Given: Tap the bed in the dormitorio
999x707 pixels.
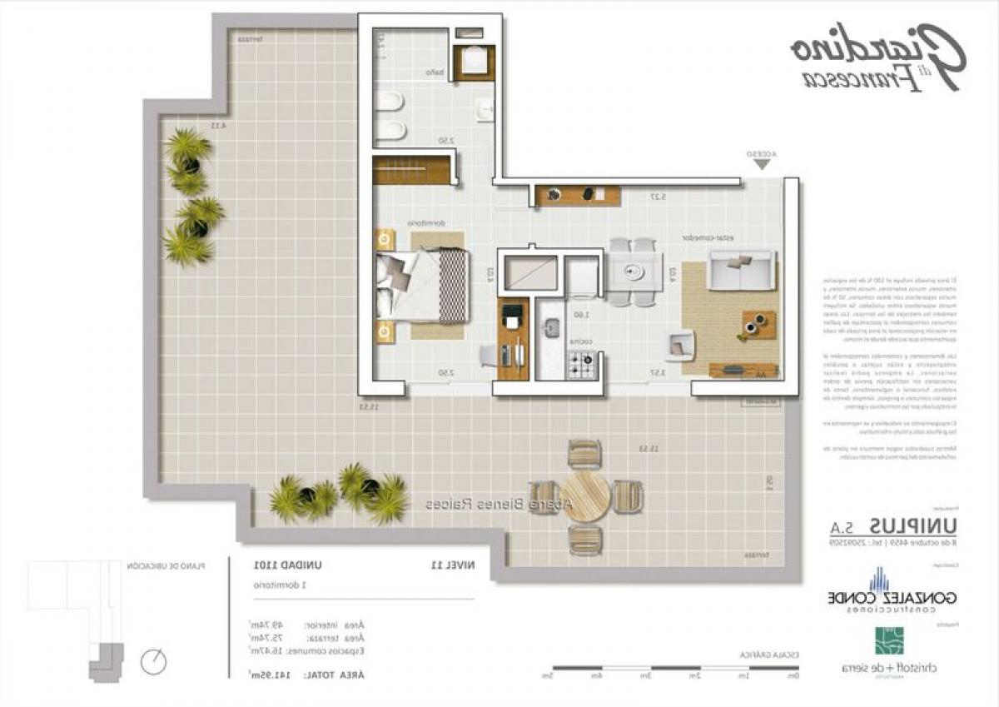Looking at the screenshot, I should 423,286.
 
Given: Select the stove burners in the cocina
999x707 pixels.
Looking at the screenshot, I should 580,362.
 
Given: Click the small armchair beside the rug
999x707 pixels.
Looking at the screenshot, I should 680,344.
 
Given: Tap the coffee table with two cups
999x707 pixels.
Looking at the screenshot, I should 758,325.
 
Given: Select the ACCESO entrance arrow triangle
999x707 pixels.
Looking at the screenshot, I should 761,165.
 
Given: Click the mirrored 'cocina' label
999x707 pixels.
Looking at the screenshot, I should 580,342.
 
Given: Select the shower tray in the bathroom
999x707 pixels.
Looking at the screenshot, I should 475,62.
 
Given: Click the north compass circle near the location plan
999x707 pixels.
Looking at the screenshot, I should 154,662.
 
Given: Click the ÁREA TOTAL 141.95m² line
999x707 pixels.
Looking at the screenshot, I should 308,674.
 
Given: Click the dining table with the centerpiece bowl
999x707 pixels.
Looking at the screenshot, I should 633,271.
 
